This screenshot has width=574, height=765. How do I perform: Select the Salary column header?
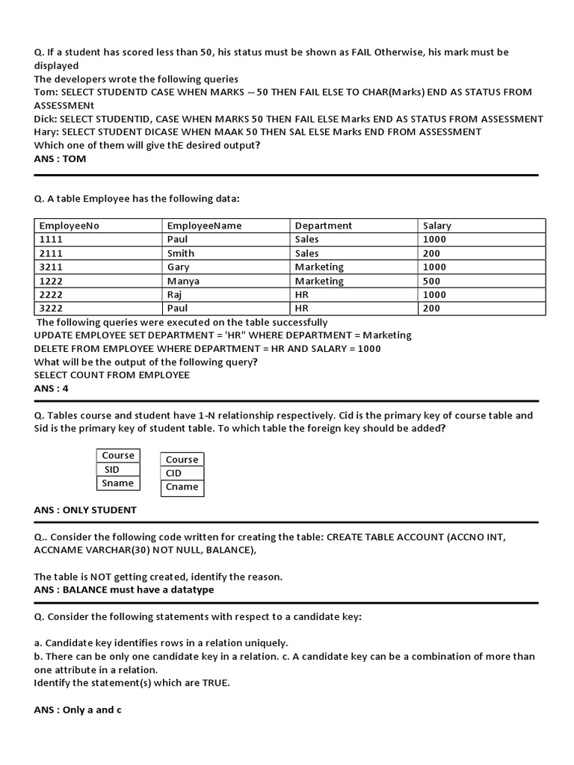point(437,226)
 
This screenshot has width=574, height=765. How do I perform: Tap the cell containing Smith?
point(181,253)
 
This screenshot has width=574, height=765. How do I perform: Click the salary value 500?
point(434,281)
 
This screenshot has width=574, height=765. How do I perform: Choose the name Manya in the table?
point(184,281)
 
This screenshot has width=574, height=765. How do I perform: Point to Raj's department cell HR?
point(302,294)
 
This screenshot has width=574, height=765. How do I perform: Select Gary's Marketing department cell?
point(319,267)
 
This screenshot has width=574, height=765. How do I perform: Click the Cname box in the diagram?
point(182,487)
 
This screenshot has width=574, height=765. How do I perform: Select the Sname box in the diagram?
point(118,483)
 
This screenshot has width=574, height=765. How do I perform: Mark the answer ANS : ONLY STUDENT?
point(85,510)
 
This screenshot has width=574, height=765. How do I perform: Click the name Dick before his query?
point(46,119)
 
